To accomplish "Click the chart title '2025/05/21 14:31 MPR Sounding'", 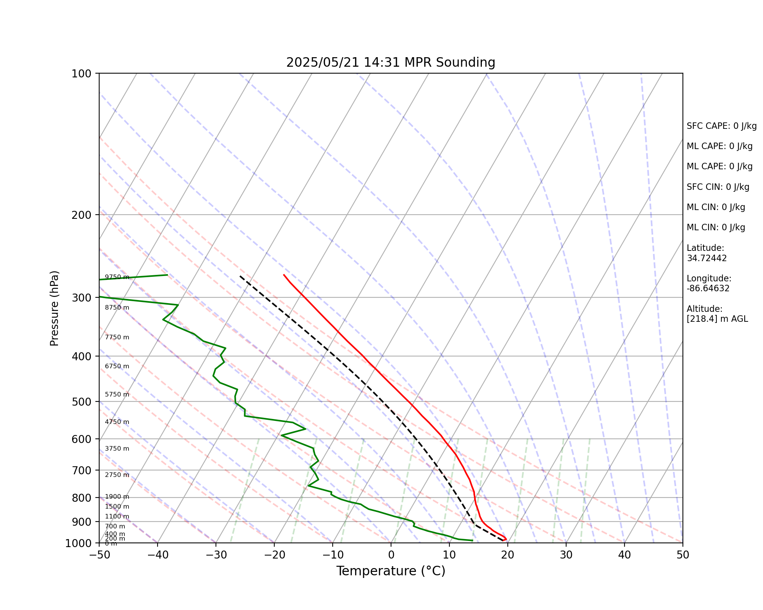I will [391, 63].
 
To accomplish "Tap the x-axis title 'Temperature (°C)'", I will [391, 571].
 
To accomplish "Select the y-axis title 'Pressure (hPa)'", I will [55, 308].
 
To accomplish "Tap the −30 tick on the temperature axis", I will [216, 555].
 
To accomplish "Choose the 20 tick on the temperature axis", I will [507, 555].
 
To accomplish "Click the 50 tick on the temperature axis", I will [683, 555].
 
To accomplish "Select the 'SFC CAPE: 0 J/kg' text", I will [721, 126].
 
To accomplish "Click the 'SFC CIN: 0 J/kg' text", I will [718, 187].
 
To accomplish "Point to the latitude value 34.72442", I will [707, 258].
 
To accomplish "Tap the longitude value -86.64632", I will [708, 288].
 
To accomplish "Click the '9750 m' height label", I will [117, 277].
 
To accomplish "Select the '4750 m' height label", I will [117, 422].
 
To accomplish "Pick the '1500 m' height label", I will [117, 507].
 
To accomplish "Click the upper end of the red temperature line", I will [283, 274].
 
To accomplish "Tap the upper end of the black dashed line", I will [240, 276].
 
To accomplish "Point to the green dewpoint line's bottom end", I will [473, 540].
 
